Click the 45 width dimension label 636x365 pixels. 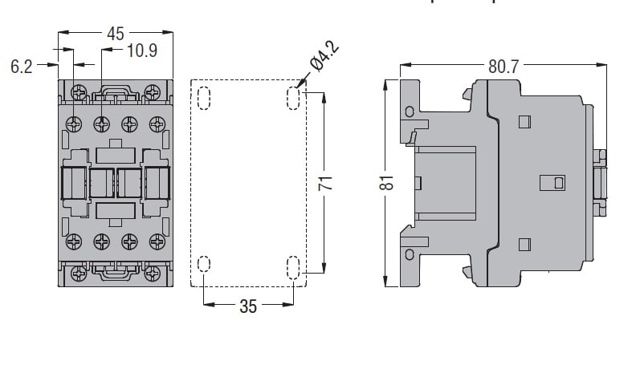click(x=116, y=34)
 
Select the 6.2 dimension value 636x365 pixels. click(x=22, y=67)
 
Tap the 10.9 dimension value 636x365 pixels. click(x=141, y=51)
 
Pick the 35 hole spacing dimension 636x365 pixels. click(x=248, y=306)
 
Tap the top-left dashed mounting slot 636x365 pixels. click(x=202, y=98)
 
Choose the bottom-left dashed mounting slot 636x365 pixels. click(x=202, y=266)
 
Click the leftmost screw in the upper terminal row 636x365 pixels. click(x=75, y=124)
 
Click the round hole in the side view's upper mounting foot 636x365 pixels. click(x=410, y=111)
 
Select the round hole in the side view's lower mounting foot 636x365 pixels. click(x=410, y=256)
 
